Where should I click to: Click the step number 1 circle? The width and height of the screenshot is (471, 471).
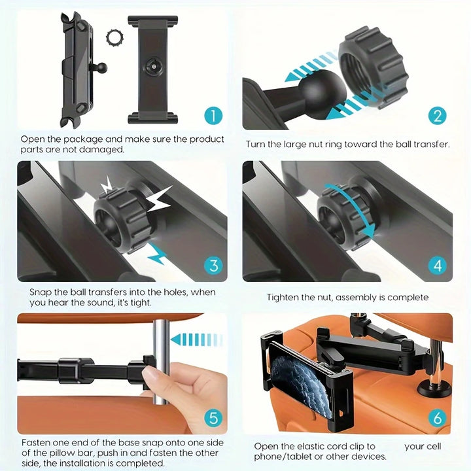(x=213, y=116)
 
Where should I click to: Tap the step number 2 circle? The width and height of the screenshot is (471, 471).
(x=438, y=116)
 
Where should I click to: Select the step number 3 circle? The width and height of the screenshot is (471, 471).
(x=213, y=266)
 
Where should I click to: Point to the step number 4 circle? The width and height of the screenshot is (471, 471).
(x=438, y=266)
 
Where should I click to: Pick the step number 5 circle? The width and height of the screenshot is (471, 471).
(x=213, y=417)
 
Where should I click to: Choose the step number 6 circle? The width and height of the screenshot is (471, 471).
(x=438, y=417)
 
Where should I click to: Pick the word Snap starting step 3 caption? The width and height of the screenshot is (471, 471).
(x=41, y=292)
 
